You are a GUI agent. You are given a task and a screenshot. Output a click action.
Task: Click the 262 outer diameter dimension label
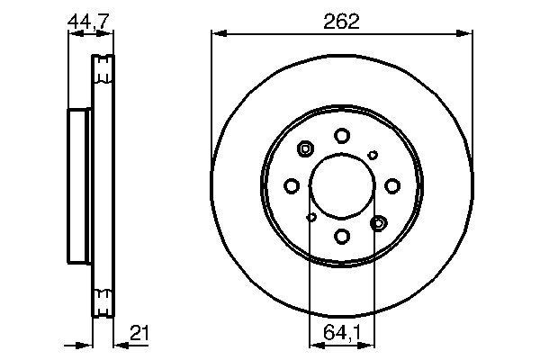[x=341, y=22]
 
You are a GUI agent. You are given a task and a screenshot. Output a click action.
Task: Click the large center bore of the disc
[x=341, y=185]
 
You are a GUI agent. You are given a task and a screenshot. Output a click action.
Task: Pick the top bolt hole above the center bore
[x=341, y=135]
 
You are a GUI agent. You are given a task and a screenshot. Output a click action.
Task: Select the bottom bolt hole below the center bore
[x=341, y=236]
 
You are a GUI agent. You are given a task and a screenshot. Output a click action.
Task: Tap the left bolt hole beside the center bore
[x=291, y=185]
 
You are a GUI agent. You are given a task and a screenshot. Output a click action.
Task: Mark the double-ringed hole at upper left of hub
[x=304, y=149]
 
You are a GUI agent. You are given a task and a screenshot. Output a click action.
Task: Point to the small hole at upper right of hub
[x=372, y=155]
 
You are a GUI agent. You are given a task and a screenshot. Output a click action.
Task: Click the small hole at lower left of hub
[x=311, y=216]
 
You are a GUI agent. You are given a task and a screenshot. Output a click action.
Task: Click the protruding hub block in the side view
[x=80, y=185]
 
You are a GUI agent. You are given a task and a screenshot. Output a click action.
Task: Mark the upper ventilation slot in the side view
[x=103, y=67]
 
